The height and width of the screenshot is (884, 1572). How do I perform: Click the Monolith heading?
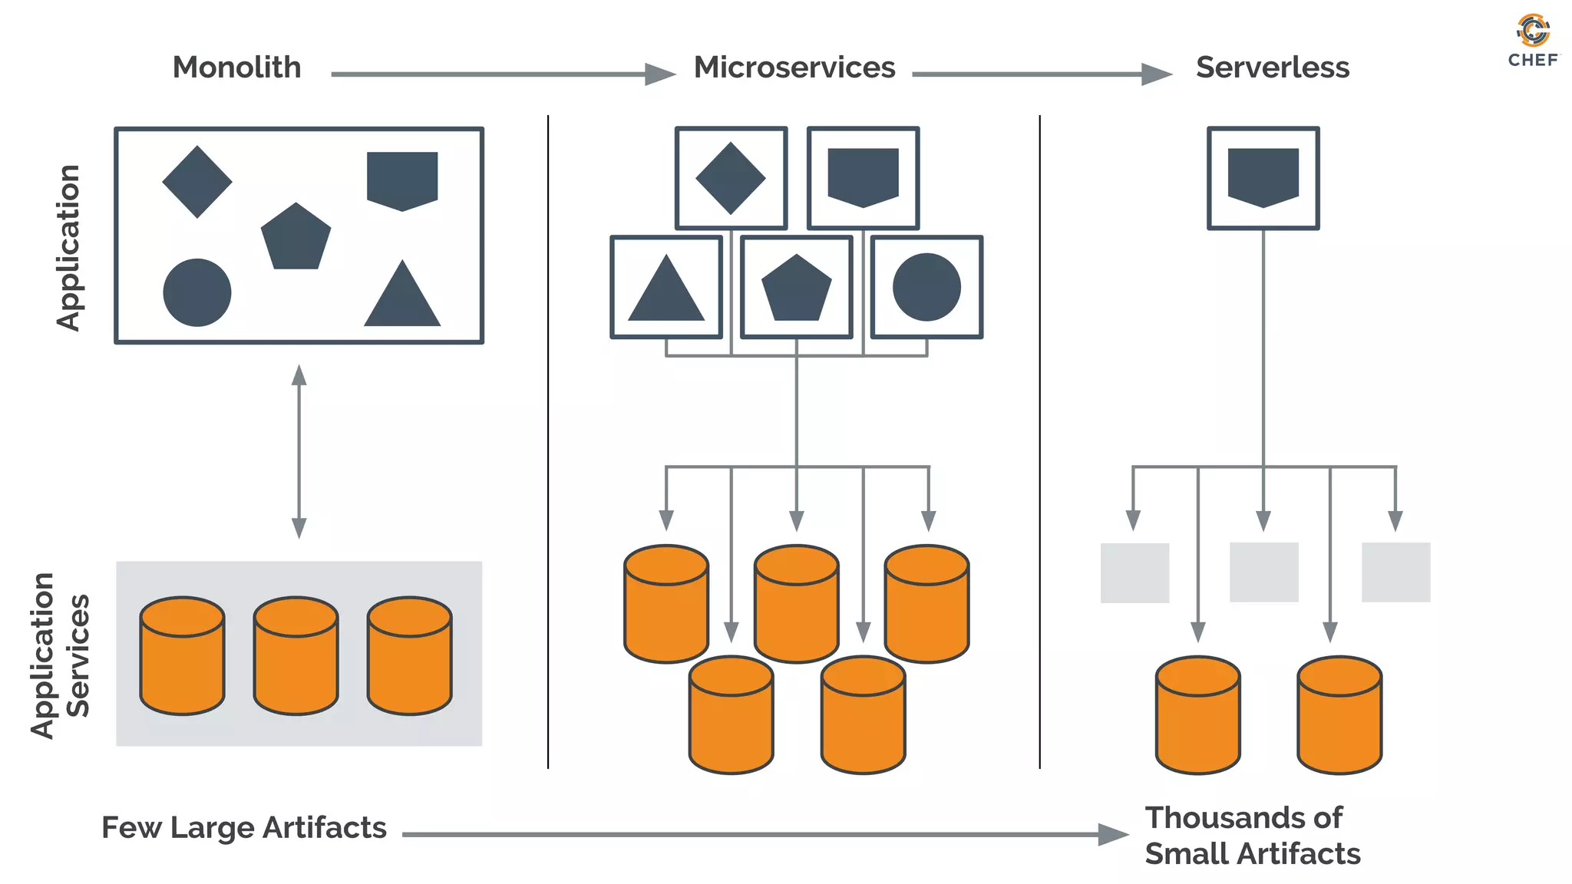click(236, 68)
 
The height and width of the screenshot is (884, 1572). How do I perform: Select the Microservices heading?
click(794, 68)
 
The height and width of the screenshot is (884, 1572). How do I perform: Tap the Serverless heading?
click(1272, 68)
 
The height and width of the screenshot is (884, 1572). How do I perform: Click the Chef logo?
click(1533, 40)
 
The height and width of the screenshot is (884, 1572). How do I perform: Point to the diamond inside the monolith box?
click(197, 182)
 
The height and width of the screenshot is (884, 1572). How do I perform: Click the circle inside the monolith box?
click(197, 292)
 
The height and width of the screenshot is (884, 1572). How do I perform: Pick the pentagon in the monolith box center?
click(296, 238)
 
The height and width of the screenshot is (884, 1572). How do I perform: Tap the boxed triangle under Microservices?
click(666, 288)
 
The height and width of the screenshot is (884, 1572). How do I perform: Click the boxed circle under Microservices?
click(926, 287)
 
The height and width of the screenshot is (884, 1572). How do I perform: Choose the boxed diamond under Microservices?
click(731, 178)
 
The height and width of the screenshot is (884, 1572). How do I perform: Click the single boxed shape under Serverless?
click(1263, 178)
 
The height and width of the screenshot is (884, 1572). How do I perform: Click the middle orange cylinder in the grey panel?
click(296, 655)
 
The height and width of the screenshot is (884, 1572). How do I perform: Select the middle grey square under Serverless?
click(1263, 572)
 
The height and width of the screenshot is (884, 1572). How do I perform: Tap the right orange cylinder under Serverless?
click(1339, 714)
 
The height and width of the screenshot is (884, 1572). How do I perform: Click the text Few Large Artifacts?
click(244, 828)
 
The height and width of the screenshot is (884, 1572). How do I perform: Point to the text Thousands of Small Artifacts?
click(1251, 836)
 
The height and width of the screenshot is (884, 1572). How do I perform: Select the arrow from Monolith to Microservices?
click(503, 74)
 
